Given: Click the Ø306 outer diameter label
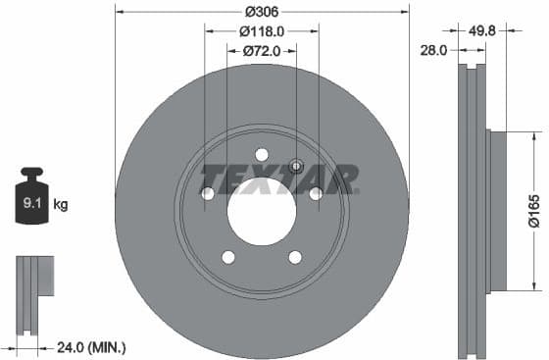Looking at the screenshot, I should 261,12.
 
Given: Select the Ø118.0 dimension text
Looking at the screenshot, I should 261,30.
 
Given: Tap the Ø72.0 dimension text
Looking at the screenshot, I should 261,49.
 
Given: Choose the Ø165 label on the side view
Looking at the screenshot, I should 534,210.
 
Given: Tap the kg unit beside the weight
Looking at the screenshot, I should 60,205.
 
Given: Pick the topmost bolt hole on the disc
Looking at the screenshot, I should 262,154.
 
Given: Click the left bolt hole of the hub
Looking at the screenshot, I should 208,194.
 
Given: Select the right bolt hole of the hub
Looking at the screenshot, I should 316,194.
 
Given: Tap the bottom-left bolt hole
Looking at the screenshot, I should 228,257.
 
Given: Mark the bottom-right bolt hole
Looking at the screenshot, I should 295,257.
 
